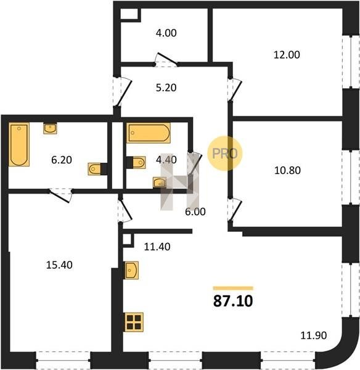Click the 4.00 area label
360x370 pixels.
tap(166, 33)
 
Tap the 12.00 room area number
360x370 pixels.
tap(287, 55)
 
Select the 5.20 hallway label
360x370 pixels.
tap(166, 88)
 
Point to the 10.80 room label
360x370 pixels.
tap(287, 170)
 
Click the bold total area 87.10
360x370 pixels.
tap(233, 302)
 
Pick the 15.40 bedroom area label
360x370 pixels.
tap(59, 265)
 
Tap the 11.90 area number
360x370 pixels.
tap(314, 335)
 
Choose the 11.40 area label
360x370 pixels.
tap(157, 247)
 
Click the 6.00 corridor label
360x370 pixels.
tap(195, 212)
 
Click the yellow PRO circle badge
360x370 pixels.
tap(225, 154)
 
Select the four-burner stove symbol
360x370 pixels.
tap(134, 322)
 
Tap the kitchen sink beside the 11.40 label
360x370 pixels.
tap(132, 270)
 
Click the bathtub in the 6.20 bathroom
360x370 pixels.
tap(19, 144)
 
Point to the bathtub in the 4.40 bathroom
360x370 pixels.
tap(149, 133)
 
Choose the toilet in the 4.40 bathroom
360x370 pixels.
tap(136, 162)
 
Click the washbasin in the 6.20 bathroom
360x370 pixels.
tap(50, 129)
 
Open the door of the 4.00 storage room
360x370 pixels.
tap(166, 60)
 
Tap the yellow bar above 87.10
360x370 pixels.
tap(233, 288)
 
